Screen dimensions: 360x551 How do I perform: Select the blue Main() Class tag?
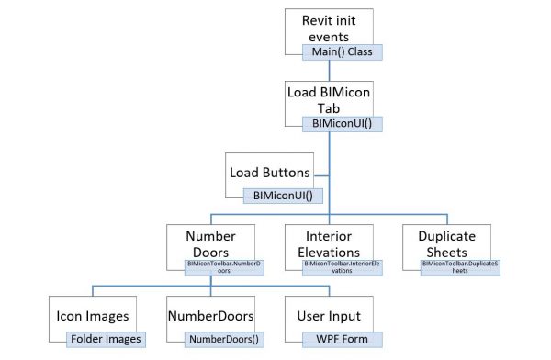tap(342, 51)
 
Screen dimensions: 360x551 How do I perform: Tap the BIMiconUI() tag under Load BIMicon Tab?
tap(342, 122)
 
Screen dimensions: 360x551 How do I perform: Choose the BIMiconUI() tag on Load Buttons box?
tap(276, 196)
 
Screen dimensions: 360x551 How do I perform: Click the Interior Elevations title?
tap(330, 243)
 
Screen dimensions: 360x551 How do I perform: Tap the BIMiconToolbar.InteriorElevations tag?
tap(342, 267)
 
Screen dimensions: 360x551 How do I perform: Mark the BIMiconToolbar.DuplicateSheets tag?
tap(459, 267)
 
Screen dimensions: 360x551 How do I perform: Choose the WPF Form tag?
tap(342, 340)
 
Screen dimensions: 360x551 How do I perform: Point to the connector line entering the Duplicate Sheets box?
tap(447, 220)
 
